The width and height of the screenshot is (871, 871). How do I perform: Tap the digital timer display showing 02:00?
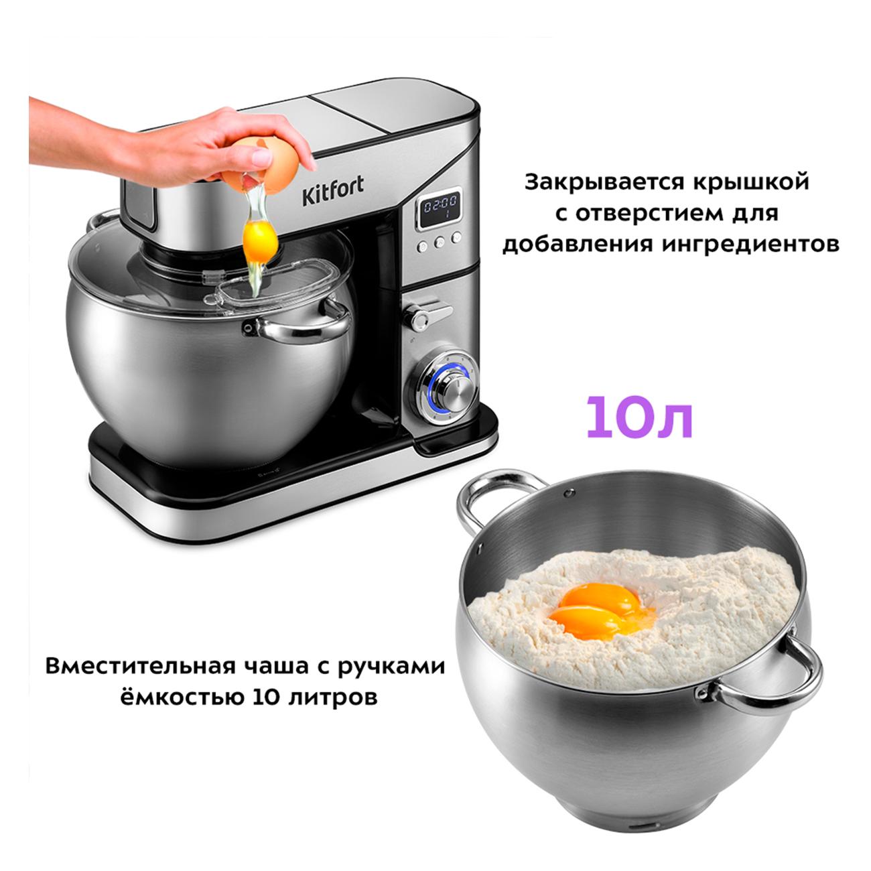(x=440, y=209)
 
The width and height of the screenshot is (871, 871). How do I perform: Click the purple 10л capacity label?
(x=639, y=417)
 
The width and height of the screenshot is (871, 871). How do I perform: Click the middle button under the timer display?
(x=439, y=242)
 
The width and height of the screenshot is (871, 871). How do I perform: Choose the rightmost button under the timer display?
(x=456, y=237)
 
